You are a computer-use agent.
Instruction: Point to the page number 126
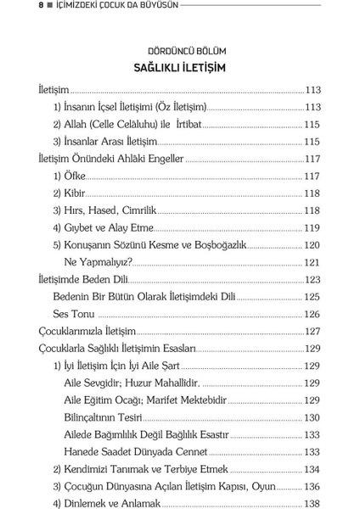(312, 313)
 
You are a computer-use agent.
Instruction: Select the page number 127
(312, 331)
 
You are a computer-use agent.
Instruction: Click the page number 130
(312, 417)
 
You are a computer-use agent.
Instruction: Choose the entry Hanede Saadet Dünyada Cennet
(136, 451)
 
